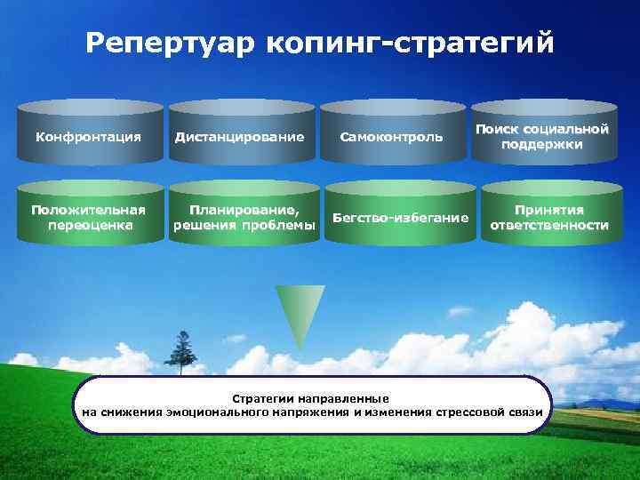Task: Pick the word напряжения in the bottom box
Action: click(x=317, y=412)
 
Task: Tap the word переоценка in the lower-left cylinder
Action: click(x=88, y=226)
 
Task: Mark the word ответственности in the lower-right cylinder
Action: click(x=549, y=226)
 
